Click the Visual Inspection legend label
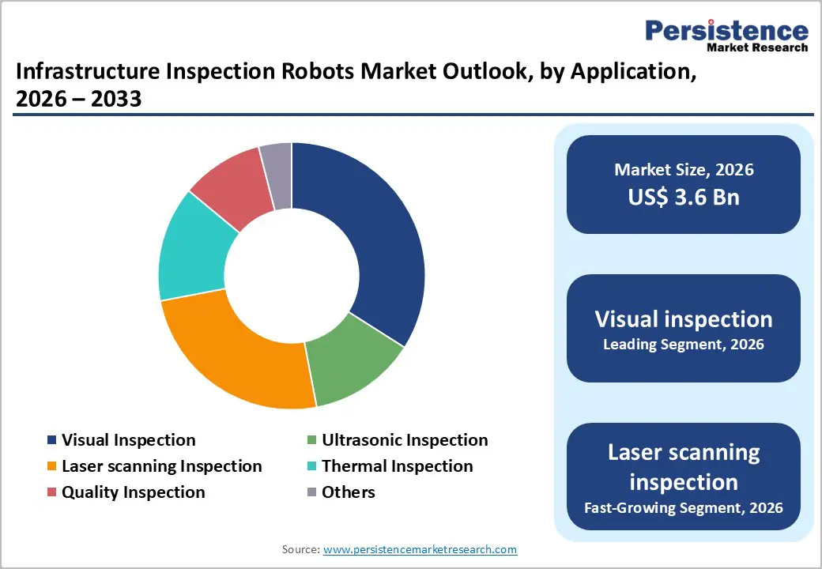pyautogui.click(x=128, y=440)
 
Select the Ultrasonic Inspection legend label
pyautogui.click(x=405, y=440)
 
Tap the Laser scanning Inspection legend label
pyautogui.click(x=161, y=466)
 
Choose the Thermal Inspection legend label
pyautogui.click(x=397, y=466)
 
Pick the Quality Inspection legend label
pyautogui.click(x=133, y=492)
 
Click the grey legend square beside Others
pyautogui.click(x=311, y=492)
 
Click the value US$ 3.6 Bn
pyautogui.click(x=684, y=197)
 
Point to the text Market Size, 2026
pyautogui.click(x=684, y=170)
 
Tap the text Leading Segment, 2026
pyautogui.click(x=684, y=345)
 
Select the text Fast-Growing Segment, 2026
pyautogui.click(x=684, y=507)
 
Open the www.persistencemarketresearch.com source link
pyautogui.click(x=420, y=549)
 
